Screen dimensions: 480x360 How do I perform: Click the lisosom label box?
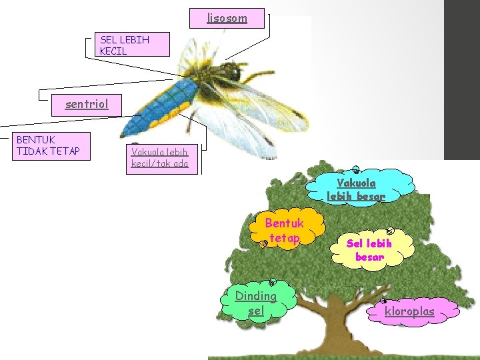click(x=227, y=17)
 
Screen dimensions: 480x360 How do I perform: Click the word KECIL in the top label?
click(x=113, y=51)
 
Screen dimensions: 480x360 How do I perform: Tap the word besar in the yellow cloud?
click(x=370, y=257)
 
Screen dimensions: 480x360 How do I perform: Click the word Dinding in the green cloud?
click(x=256, y=296)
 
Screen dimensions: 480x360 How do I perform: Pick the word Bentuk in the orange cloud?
click(x=285, y=223)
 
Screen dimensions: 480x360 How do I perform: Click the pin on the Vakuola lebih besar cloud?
click(x=357, y=171)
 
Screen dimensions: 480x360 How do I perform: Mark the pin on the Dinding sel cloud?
click(x=272, y=283)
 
